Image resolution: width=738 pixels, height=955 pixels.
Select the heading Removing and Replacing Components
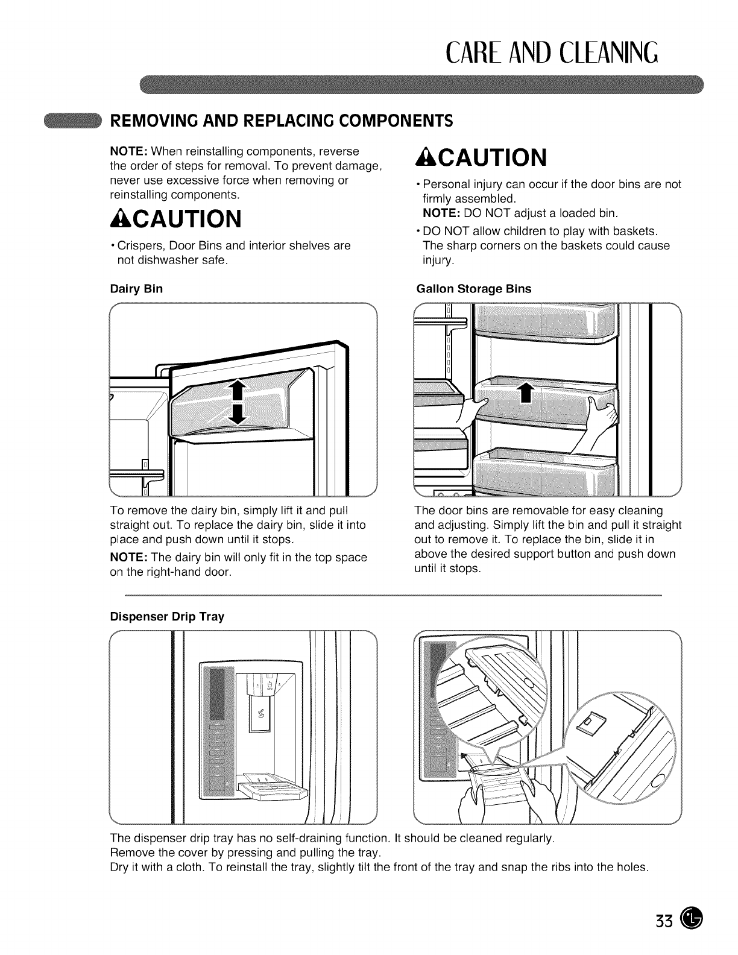pyautogui.click(x=280, y=119)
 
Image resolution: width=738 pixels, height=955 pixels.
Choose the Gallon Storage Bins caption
pyautogui.click(x=474, y=289)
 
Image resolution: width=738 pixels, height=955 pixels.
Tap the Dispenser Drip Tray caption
pyautogui.click(x=167, y=617)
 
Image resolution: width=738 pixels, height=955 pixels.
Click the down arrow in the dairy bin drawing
pyautogui.click(x=238, y=413)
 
